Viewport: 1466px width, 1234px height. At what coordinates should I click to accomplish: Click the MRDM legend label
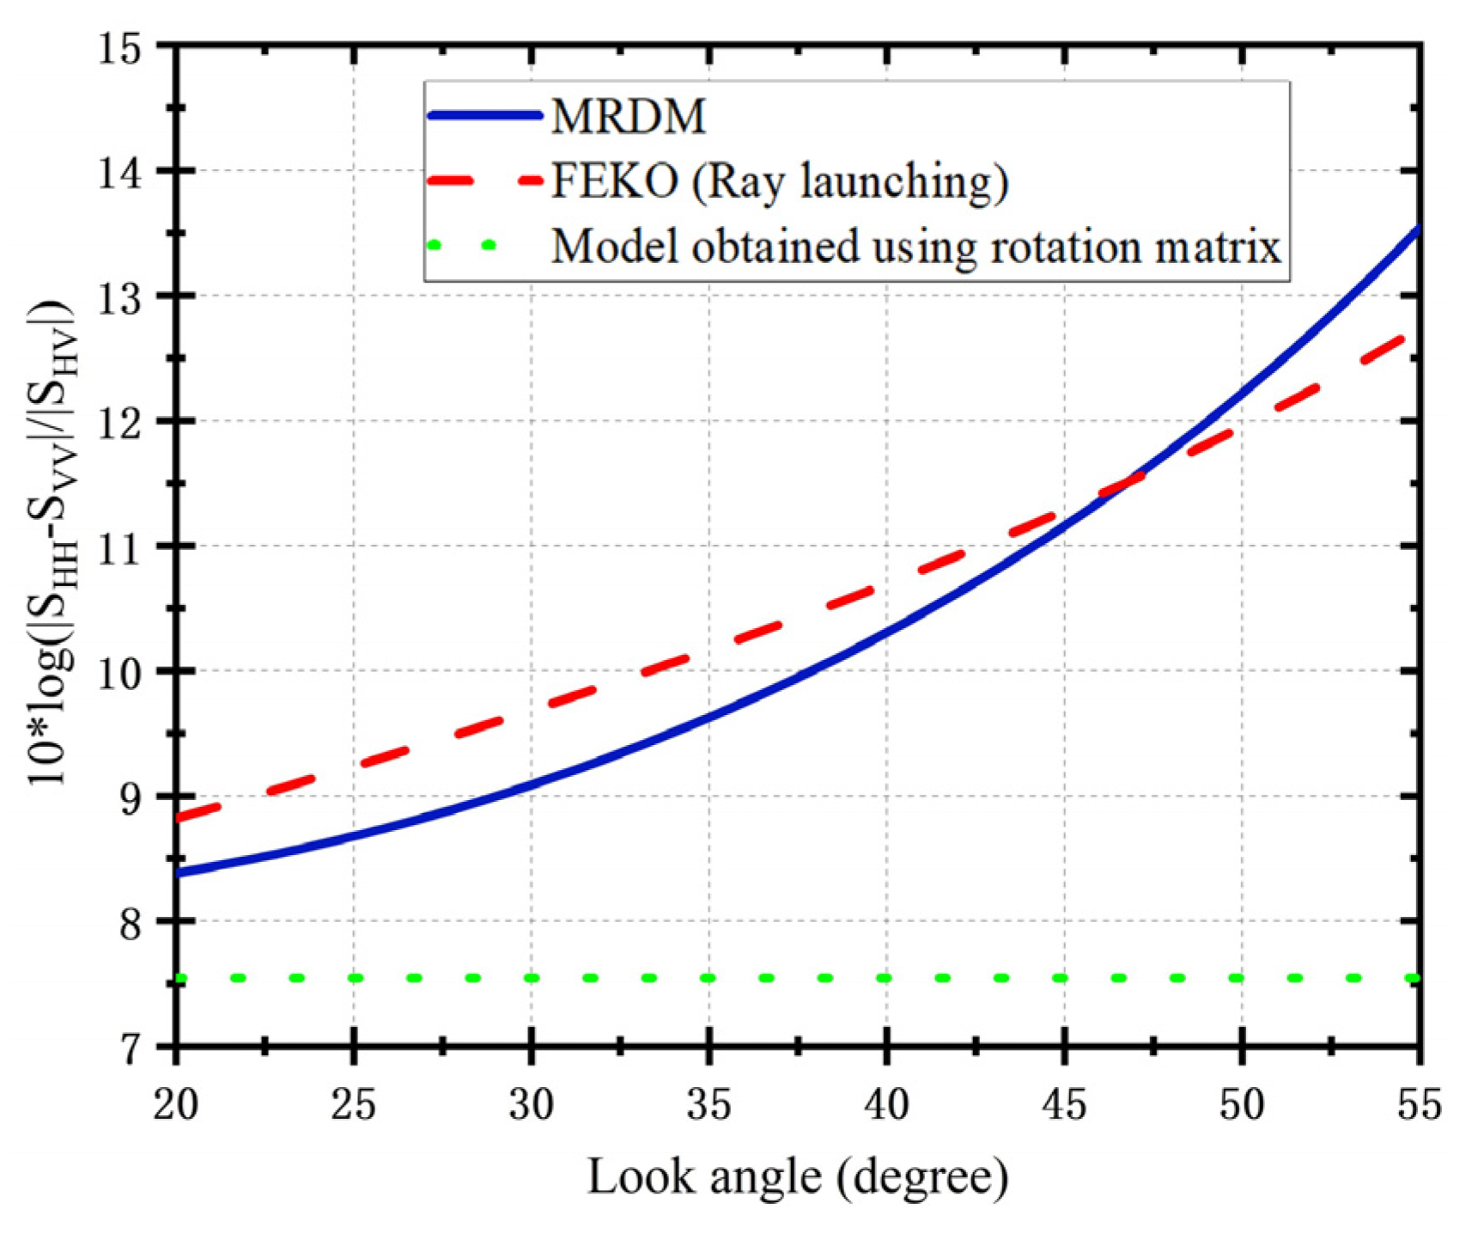[x=629, y=115]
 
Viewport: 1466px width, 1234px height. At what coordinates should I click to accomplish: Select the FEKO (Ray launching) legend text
[x=779, y=180]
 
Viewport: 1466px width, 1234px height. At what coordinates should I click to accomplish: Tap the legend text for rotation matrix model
[x=915, y=247]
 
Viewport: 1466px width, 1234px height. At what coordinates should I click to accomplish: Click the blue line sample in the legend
[x=485, y=115]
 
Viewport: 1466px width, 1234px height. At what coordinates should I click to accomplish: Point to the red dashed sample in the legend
[x=485, y=180]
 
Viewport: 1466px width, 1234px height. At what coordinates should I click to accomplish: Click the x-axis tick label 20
[x=176, y=1104]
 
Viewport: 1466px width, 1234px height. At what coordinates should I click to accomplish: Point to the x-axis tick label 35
[x=709, y=1104]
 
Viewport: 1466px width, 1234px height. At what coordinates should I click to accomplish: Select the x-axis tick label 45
[x=1064, y=1104]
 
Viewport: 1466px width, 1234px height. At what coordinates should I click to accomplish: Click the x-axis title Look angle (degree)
[x=797, y=1176]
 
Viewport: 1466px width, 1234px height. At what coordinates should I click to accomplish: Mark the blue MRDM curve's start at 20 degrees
[x=178, y=872]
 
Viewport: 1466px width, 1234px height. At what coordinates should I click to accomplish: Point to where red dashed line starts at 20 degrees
[x=178, y=817]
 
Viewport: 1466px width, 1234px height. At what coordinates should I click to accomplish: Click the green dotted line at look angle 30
[x=532, y=978]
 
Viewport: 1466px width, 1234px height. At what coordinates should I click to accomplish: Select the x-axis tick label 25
[x=354, y=1104]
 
